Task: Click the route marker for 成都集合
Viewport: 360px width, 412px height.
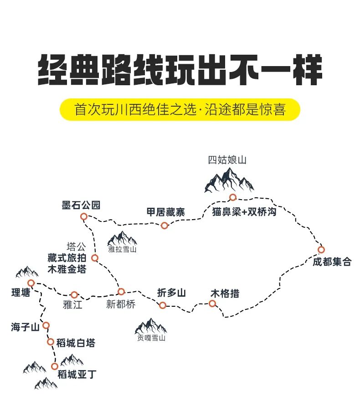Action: (321, 249)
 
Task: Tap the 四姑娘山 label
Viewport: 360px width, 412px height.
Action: (227, 160)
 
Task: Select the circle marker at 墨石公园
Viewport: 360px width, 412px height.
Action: (83, 216)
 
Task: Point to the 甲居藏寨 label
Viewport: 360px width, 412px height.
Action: (165, 212)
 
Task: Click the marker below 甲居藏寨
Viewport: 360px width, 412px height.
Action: (164, 226)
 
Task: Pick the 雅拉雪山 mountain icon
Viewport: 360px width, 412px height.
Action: (122, 238)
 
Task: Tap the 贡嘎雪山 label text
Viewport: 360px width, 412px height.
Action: (151, 338)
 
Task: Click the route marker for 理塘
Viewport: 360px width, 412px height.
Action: (31, 283)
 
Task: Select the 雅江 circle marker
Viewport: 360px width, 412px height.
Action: (74, 295)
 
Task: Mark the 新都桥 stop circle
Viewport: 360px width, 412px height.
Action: (121, 292)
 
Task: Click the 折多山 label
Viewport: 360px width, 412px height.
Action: (171, 293)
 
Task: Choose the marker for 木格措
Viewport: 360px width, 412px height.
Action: (212, 304)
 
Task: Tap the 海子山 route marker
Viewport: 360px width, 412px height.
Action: (46, 325)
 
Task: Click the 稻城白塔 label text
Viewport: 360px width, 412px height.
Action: (76, 343)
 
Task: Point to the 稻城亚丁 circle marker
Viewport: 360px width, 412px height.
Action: (54, 366)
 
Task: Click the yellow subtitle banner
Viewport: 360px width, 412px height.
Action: (180, 109)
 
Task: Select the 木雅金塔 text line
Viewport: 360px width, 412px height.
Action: (67, 269)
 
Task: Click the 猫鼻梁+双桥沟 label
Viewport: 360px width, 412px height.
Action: (244, 212)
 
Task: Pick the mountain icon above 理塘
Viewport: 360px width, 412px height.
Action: (27, 272)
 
